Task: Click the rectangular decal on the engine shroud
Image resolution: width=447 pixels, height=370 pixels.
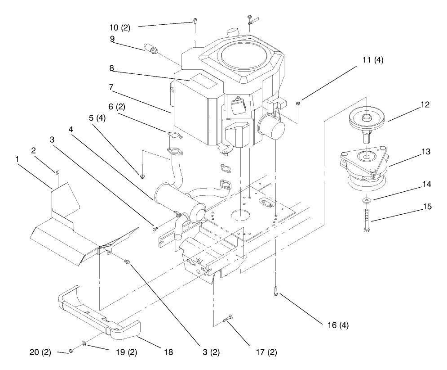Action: [201, 81]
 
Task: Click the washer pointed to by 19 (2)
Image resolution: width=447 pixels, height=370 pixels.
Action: [84, 344]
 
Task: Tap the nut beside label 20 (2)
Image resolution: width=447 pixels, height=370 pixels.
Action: [71, 351]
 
